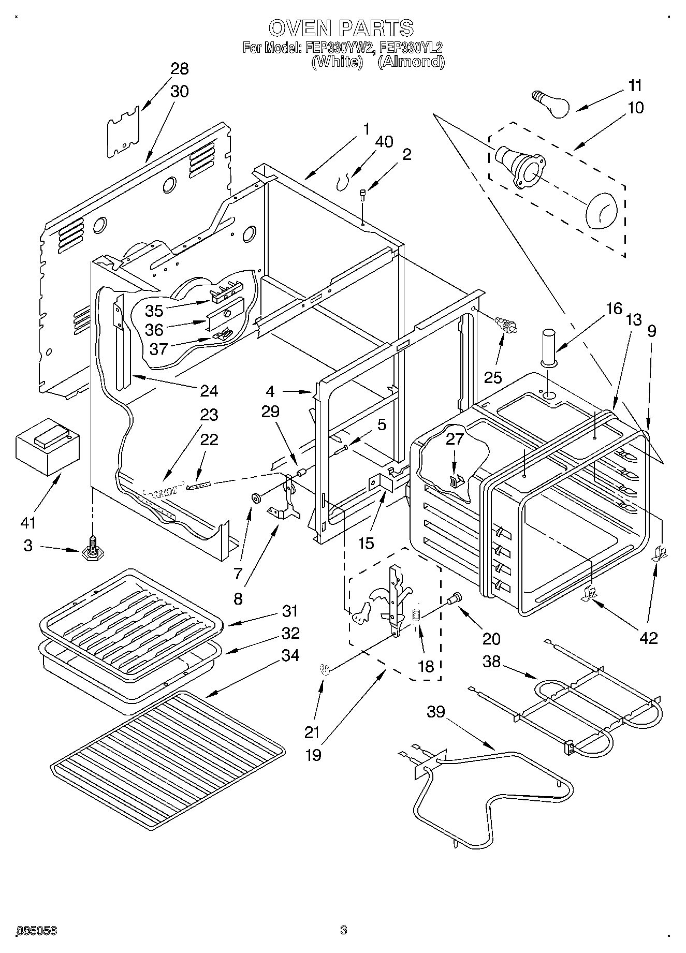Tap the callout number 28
[x=179, y=69]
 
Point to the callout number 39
[x=436, y=712]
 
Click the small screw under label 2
[x=363, y=195]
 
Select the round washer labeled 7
[x=256, y=498]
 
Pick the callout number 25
[x=493, y=377]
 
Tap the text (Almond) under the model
[x=411, y=62]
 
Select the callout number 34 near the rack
[x=290, y=655]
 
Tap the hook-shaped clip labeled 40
[x=342, y=181]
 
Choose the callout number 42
[x=648, y=637]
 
